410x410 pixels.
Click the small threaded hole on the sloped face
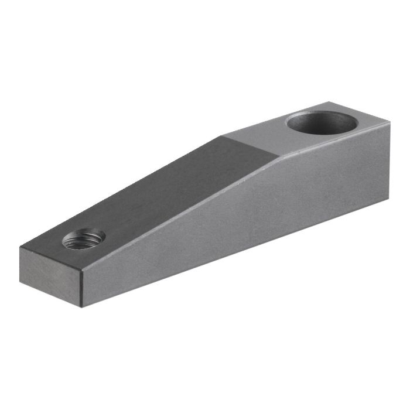(x=84, y=239)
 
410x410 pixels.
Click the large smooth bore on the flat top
(x=322, y=124)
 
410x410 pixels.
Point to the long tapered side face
(x=246, y=223)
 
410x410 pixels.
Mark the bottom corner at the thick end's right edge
(x=389, y=199)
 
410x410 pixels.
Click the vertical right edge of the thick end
(x=389, y=161)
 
